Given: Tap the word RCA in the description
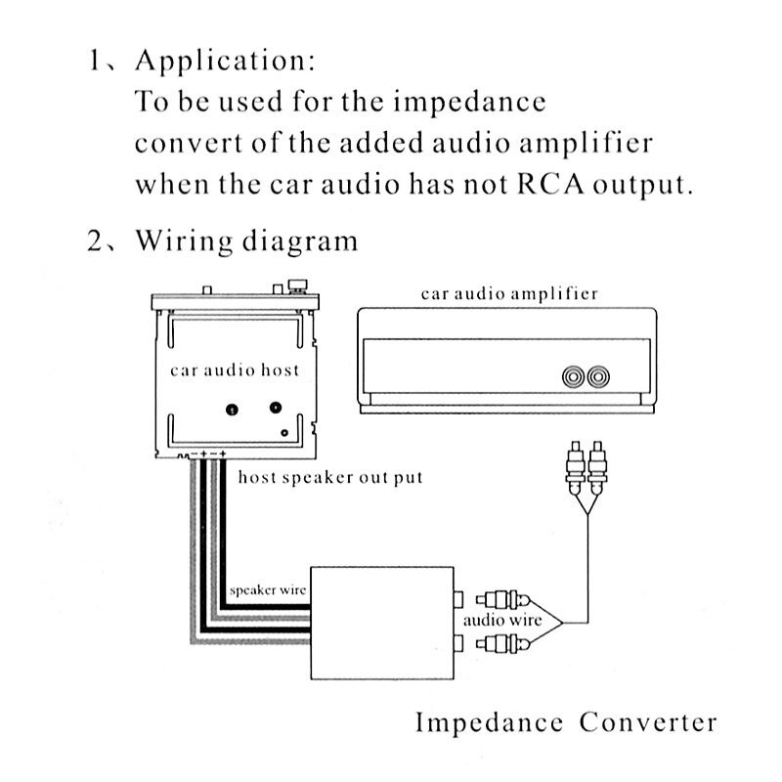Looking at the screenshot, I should pos(540,186).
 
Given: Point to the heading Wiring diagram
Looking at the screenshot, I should pos(246,241).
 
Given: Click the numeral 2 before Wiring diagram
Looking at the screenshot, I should pos(94,241).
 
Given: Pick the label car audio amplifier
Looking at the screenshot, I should pos(509,293).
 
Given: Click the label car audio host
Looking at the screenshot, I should pos(235,370).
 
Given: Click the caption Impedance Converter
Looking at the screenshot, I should pos(566,723).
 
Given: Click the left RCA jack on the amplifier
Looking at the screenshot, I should pos(573,376).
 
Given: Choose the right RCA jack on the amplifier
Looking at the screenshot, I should pos(596,376).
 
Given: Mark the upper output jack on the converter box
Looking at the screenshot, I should pos(457,596).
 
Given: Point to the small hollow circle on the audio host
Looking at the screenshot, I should pos(283,432).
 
